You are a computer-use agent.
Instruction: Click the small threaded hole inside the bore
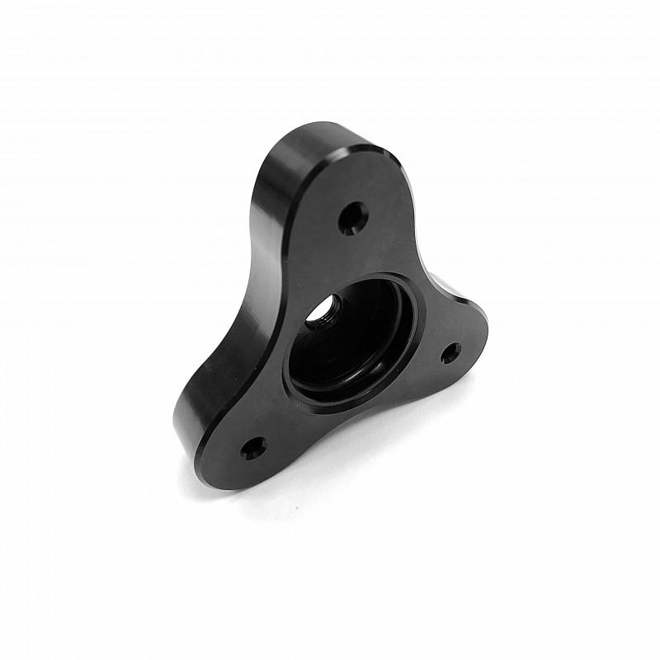[x=321, y=313]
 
